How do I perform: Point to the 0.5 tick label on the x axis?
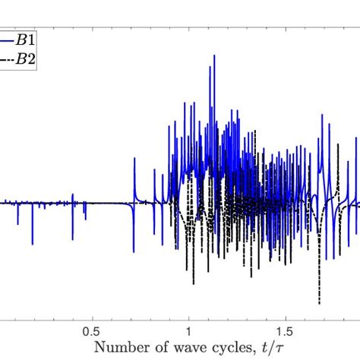[x=92, y=332]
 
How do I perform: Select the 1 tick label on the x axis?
[x=188, y=332]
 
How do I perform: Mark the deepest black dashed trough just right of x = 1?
[x=193, y=283]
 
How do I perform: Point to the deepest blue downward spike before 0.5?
[x=33, y=244]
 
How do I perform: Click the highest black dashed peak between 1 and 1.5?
[x=256, y=131]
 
